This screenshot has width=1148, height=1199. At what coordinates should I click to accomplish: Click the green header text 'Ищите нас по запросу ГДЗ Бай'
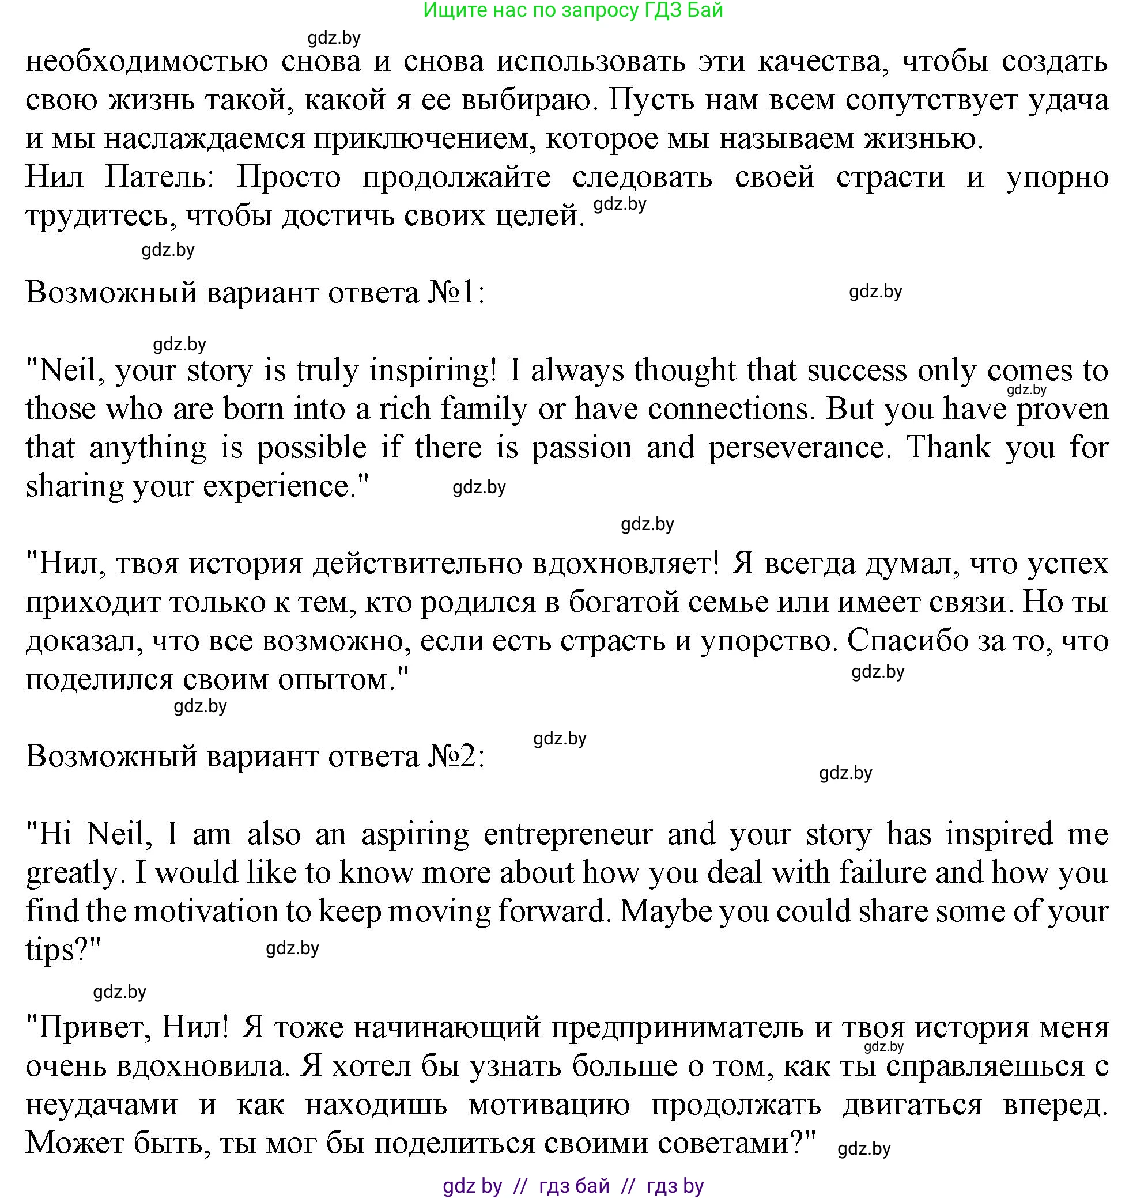click(x=573, y=10)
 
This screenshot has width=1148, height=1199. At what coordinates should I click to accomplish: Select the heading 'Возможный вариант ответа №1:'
click(x=255, y=293)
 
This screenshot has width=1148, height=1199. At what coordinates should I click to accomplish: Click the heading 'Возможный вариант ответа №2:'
click(x=255, y=757)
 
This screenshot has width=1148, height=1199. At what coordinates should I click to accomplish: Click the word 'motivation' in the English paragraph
click(x=206, y=911)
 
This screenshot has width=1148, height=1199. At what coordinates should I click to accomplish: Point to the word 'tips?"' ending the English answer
click(x=63, y=951)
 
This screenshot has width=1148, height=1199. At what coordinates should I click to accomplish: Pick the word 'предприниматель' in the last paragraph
click(x=677, y=1028)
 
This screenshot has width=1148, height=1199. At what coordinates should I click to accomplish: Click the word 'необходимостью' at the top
click(x=147, y=62)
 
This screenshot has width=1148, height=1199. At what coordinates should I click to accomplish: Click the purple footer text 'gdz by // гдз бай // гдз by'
click(x=573, y=1186)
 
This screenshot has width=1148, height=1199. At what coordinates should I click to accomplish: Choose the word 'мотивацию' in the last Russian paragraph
click(x=549, y=1105)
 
